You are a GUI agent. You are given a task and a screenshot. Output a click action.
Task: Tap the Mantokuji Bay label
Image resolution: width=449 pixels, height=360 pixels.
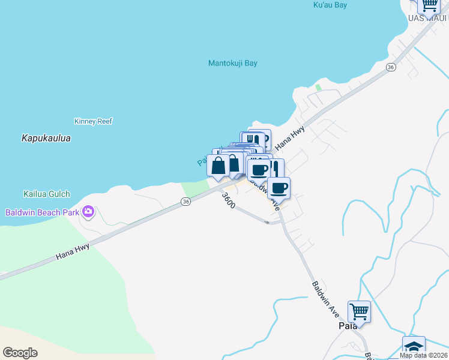(x=232, y=63)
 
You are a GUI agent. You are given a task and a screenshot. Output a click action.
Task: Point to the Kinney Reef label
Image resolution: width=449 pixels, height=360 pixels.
(x=93, y=121)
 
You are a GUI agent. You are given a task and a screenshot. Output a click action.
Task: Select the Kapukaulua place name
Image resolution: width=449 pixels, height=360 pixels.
(x=46, y=138)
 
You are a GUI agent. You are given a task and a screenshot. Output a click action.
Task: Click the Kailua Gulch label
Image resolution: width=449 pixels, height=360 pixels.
(x=47, y=194)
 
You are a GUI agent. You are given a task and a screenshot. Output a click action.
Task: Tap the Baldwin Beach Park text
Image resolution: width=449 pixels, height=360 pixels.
(x=42, y=212)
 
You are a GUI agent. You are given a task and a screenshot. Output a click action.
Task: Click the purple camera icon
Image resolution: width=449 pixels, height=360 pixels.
(x=89, y=211)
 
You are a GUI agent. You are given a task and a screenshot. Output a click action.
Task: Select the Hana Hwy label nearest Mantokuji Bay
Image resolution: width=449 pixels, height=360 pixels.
(x=289, y=138)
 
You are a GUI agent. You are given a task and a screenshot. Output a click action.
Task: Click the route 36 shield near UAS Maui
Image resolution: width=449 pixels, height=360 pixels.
(x=391, y=67)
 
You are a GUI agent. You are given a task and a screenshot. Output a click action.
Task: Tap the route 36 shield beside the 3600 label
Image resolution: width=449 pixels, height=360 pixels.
(x=186, y=202)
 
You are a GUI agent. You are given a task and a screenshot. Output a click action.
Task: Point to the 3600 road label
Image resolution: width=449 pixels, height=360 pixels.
(x=228, y=200)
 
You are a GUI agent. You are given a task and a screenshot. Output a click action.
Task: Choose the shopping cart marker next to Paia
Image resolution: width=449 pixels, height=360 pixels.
(x=359, y=311)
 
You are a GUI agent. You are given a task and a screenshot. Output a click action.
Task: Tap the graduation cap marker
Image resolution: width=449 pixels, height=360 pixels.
(x=414, y=346)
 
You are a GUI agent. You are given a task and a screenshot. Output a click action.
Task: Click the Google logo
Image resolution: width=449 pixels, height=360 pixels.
(x=20, y=353)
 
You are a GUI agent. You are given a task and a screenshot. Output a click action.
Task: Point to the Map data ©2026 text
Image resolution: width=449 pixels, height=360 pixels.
(x=424, y=355)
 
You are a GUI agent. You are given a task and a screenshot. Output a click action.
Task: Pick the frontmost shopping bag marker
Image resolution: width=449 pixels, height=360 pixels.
(x=218, y=166)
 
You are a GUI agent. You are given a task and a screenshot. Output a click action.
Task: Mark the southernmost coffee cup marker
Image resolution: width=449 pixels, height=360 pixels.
(x=279, y=188)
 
